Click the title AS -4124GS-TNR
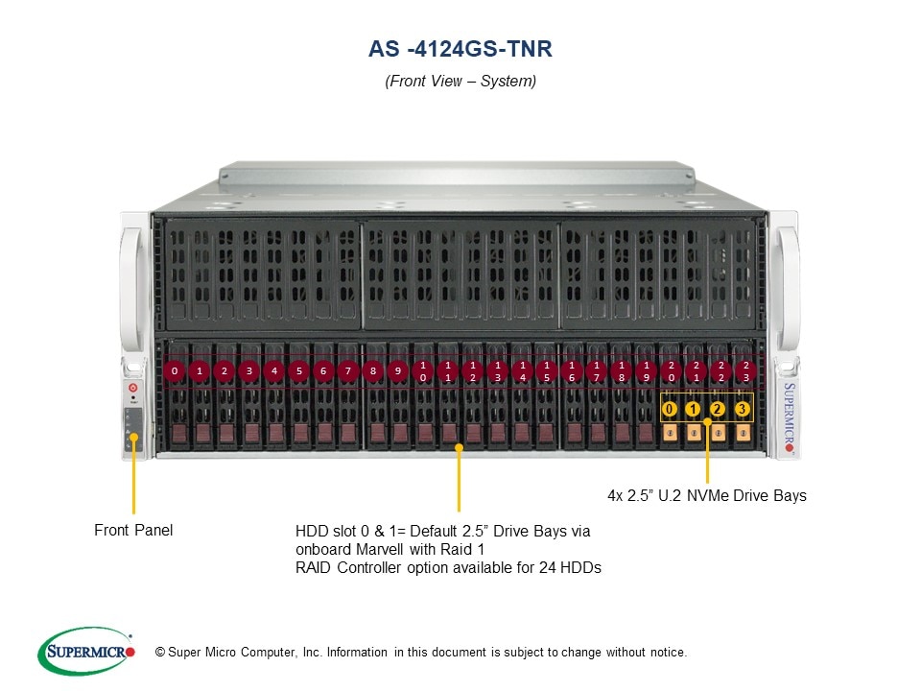[x=460, y=49]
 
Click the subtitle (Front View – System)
[x=460, y=81]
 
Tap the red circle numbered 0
[x=175, y=370]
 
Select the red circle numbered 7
[x=347, y=370]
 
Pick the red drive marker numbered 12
[x=473, y=370]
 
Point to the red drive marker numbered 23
[x=746, y=370]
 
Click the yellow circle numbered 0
[x=670, y=409]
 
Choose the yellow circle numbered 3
[x=743, y=409]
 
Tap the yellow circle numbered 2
[x=718, y=409]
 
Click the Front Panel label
[x=133, y=530]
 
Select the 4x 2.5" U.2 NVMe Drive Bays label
[x=707, y=495]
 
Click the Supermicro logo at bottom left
[x=86, y=651]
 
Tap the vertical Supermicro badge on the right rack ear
[x=790, y=417]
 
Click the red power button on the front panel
[x=133, y=388]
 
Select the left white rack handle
[x=132, y=290]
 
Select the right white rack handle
[x=787, y=290]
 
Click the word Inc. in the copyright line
[x=312, y=653]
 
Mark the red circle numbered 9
[x=397, y=370]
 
